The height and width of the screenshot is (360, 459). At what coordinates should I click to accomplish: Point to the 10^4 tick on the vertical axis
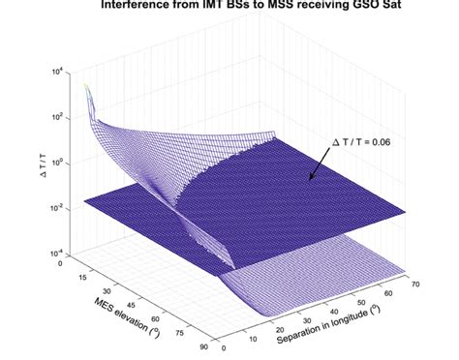60,72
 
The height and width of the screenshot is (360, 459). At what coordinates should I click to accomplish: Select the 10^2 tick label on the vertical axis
60,116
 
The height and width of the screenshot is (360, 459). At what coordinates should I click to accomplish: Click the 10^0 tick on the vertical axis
60,162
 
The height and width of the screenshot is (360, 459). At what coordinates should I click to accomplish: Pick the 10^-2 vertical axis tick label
60,206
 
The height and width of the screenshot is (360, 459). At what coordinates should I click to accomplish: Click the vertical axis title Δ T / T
34,161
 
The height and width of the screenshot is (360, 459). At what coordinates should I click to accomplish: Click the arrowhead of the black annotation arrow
309,180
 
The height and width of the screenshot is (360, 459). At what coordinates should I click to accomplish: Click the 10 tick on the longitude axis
257,336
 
